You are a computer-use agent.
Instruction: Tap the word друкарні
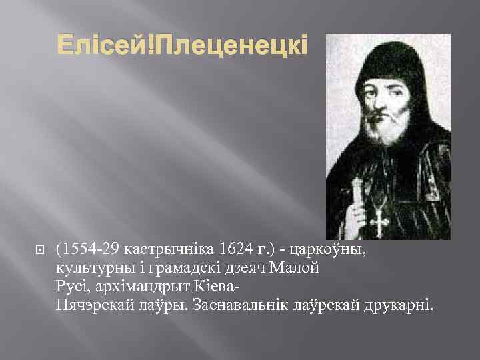click(x=400, y=306)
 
